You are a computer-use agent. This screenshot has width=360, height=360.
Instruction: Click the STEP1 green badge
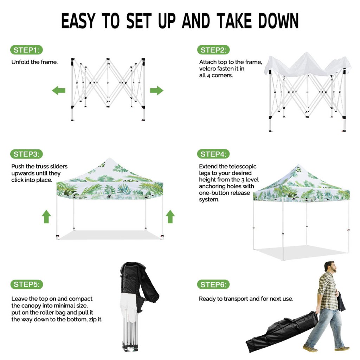(x=26, y=50)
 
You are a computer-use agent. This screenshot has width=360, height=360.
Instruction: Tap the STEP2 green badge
(x=213, y=50)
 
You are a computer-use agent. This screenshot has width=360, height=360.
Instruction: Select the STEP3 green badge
(x=26, y=154)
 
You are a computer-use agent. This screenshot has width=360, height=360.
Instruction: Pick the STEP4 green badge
(x=213, y=154)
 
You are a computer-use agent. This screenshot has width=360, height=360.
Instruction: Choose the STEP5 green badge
(x=26, y=284)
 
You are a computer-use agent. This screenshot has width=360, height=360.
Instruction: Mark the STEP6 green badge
(x=213, y=284)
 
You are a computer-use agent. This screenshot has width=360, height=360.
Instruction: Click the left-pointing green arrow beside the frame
(x=59, y=90)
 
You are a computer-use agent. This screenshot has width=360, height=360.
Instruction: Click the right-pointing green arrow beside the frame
(x=156, y=90)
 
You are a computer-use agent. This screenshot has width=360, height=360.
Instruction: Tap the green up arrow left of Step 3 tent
(x=46, y=216)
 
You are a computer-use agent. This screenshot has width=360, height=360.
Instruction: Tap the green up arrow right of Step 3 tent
(x=170, y=216)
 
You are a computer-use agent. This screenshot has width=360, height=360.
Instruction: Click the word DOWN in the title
(x=278, y=21)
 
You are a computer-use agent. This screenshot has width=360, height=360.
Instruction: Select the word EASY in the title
(x=78, y=21)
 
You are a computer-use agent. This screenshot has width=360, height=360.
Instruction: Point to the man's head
(x=330, y=267)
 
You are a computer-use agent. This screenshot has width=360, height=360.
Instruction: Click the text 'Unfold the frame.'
(x=34, y=62)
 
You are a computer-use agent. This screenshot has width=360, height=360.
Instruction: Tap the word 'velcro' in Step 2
(x=207, y=69)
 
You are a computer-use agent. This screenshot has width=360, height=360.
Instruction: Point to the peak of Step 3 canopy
(x=110, y=159)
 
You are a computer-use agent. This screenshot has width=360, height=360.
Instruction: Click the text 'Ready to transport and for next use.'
(x=246, y=299)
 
